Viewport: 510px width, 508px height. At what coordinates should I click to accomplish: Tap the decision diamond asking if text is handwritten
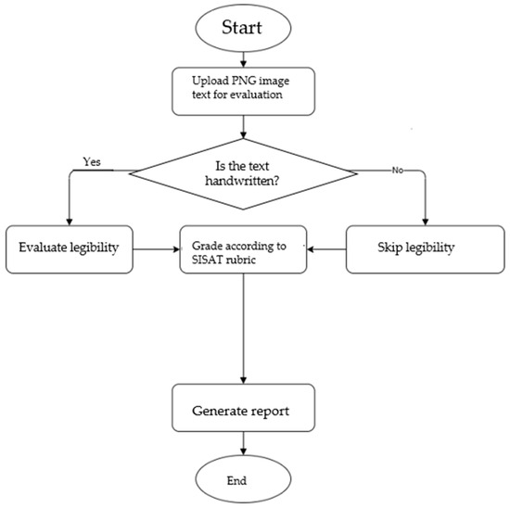point(243,171)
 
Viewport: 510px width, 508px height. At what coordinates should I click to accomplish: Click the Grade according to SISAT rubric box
point(243,248)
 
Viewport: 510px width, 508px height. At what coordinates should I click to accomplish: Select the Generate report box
point(243,408)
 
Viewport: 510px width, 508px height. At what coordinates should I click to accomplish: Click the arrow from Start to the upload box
point(243,58)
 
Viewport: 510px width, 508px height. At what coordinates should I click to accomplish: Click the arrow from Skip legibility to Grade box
point(326,248)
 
